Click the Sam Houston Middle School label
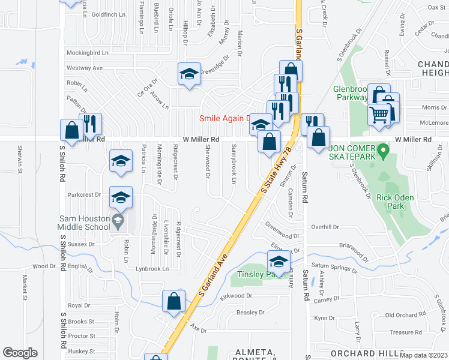pyautogui.click(x=84, y=222)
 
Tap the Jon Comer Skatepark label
pyautogui.click(x=352, y=152)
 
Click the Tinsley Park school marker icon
pyautogui.click(x=279, y=262)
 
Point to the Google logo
pyautogui.click(x=20, y=353)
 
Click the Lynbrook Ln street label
pyautogui.click(x=152, y=269)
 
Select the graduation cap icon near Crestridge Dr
pyautogui.click(x=189, y=74)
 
